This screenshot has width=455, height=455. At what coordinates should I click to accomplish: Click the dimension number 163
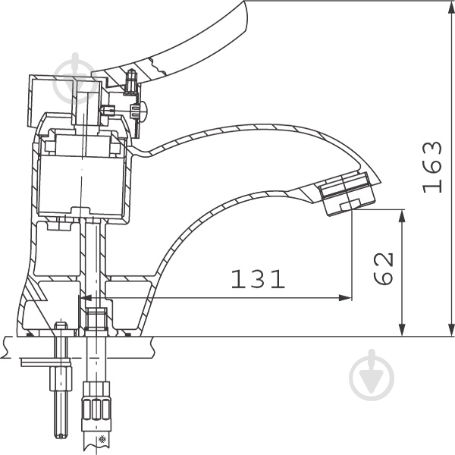(x=432, y=167)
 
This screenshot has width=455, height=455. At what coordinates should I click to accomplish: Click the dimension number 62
(x=383, y=269)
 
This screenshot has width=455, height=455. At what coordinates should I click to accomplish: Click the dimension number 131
(x=258, y=279)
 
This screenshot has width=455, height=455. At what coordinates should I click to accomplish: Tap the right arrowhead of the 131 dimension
(x=346, y=298)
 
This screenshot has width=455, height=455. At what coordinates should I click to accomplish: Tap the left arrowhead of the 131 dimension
(x=86, y=298)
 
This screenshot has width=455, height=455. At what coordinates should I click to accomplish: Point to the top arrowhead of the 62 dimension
(x=402, y=216)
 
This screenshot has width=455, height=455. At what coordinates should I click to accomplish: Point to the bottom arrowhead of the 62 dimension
(x=402, y=330)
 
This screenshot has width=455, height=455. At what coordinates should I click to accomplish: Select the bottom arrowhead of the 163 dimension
(x=451, y=330)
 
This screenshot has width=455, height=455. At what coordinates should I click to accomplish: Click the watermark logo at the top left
(x=76, y=79)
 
